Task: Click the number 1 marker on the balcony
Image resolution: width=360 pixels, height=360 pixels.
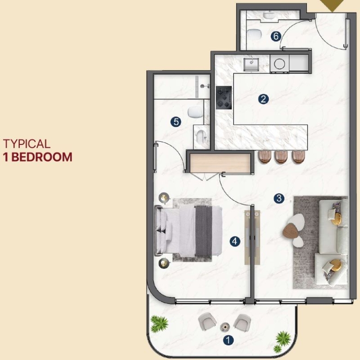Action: pos(228,340)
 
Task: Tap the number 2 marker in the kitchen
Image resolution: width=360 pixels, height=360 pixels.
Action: pos(264,99)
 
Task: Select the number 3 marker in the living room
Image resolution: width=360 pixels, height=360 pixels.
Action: pos(279,198)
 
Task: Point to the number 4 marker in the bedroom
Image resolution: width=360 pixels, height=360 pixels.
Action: pos(235,241)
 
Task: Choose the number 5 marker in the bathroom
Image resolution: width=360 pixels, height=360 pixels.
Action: pos(176,122)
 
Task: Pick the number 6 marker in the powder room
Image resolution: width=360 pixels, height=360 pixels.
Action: pos(276,36)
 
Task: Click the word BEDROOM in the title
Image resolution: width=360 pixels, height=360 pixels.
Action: pos(42,157)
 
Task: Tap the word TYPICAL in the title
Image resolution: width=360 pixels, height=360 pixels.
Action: pos(27,144)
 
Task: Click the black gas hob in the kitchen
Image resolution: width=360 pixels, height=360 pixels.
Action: pos(224,97)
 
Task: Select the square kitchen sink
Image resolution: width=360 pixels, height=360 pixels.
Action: pos(251,64)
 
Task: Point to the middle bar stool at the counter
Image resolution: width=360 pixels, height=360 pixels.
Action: pos(281,157)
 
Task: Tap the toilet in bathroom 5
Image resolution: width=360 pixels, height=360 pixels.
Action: pos(195,112)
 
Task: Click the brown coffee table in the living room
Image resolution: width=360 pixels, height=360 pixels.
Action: pos(290,230)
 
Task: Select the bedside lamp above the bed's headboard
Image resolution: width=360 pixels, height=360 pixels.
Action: pos(164,198)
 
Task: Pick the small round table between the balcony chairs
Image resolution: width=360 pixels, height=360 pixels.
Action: pos(225,327)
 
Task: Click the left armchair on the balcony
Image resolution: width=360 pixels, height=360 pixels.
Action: pos(207,322)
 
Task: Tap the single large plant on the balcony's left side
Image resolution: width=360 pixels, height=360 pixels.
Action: pos(159,323)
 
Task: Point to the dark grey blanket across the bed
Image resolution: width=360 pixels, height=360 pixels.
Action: pos(204,231)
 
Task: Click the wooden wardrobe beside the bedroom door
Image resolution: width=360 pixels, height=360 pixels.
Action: pos(220,163)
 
